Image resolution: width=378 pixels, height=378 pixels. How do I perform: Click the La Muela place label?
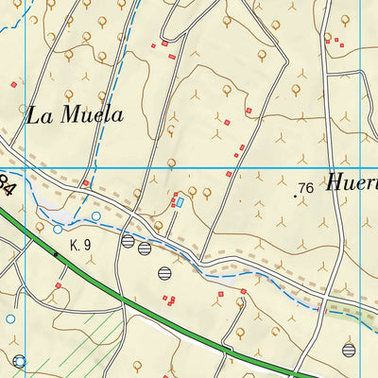click(76, 115)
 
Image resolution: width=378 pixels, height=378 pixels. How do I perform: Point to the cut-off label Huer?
click(352, 183)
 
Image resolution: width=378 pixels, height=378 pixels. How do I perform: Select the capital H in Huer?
click(336, 183)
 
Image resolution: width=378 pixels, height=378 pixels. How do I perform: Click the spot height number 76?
click(305, 189)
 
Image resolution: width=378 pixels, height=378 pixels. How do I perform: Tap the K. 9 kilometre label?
click(79, 245)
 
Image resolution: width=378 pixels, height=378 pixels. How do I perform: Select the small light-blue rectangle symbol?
click(180, 201)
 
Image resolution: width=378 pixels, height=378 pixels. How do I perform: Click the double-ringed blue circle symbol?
click(20, 361)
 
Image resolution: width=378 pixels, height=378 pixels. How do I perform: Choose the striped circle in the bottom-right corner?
click(349, 350)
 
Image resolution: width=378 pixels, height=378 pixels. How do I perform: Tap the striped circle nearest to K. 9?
click(128, 241)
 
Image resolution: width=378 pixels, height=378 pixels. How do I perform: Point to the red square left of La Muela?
click(13, 85)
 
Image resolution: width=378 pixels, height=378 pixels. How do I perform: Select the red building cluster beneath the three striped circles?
click(168, 301)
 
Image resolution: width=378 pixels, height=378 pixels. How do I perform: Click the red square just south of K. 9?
click(58, 284)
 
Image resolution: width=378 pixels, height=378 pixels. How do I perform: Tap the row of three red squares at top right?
click(335, 40)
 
